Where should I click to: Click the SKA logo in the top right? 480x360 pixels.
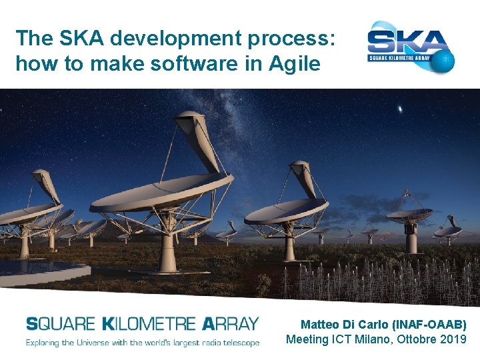[411, 47]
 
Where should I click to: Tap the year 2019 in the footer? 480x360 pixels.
[453, 339]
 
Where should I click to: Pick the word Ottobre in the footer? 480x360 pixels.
[418, 339]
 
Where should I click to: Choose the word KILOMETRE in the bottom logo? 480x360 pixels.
[149, 324]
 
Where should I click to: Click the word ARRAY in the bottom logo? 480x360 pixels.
[229, 324]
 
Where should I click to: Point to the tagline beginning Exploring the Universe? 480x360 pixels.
[142, 343]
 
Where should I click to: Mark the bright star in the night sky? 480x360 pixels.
[399, 109]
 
